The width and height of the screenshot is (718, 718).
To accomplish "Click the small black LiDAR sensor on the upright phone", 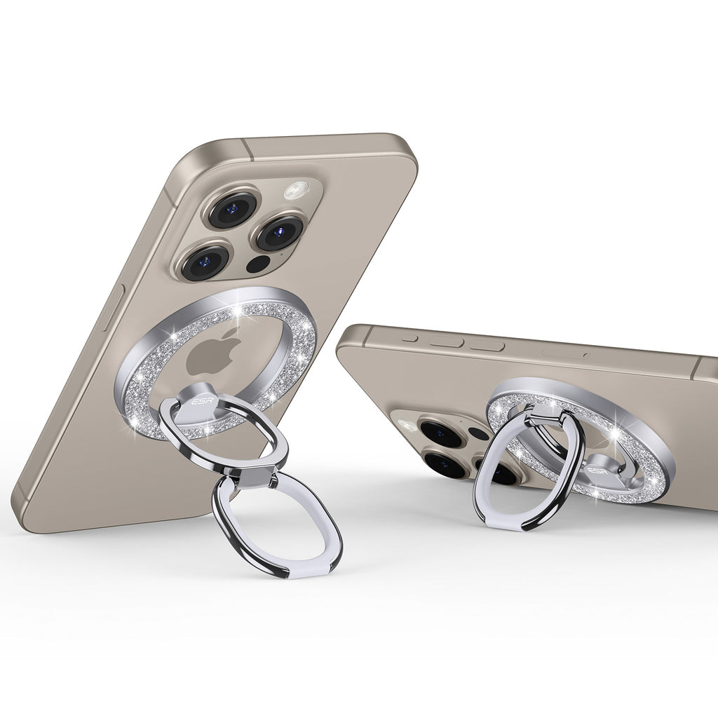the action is [x=258, y=264].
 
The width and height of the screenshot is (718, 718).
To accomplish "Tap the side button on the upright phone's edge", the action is [x=113, y=307].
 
